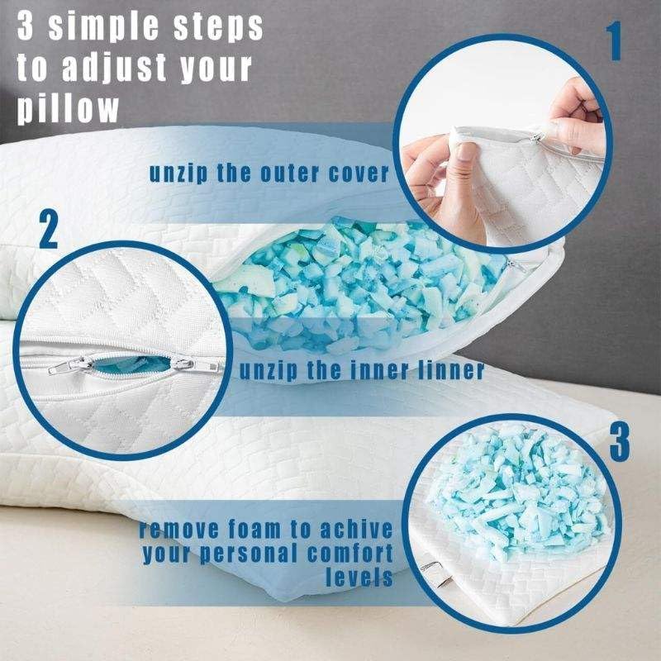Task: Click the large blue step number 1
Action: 615,41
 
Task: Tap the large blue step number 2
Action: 49,230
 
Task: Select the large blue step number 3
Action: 620,441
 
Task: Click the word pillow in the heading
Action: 68,109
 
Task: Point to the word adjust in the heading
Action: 114,68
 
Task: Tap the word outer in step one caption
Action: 289,174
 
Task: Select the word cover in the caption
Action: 359,174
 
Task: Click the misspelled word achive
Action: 357,530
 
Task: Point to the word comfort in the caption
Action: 350,554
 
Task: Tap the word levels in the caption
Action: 359,577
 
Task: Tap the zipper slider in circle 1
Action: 536,137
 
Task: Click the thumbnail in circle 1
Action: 464,152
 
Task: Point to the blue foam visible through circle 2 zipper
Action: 131,364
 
